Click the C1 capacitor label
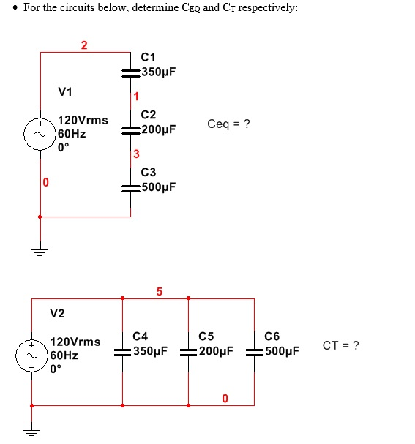(x=148, y=58)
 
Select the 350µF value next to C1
(x=159, y=72)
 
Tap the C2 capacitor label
(x=148, y=115)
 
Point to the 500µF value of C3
(x=159, y=187)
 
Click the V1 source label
(x=65, y=91)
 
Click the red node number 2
(x=83, y=45)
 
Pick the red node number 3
(x=135, y=154)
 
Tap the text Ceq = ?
(x=228, y=124)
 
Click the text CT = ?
(x=340, y=345)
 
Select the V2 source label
(x=57, y=314)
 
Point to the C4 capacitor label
(x=141, y=336)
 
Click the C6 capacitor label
(x=272, y=336)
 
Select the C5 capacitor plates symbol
(x=189, y=351)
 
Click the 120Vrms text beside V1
(x=83, y=120)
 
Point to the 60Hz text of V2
(x=64, y=355)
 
